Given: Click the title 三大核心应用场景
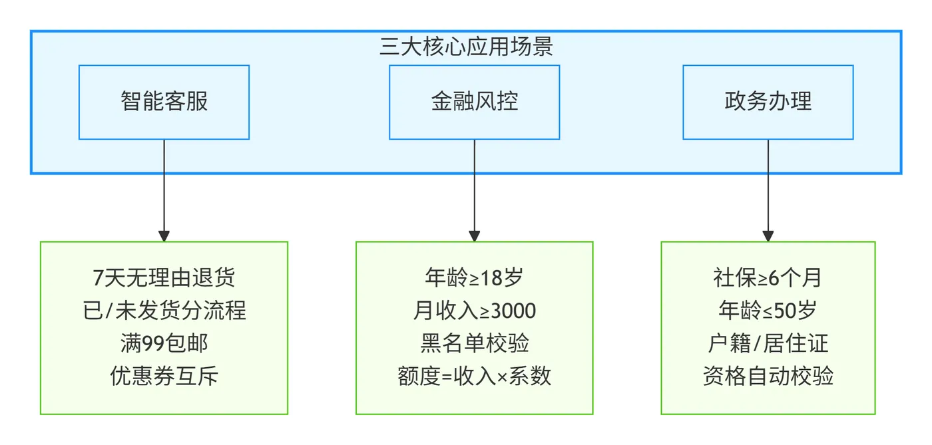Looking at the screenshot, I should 466,47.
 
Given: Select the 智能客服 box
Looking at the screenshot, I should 164,102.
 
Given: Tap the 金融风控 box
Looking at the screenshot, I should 474,102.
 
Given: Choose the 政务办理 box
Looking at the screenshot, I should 768,102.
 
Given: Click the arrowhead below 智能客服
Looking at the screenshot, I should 164,235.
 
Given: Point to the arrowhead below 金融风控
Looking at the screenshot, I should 474,235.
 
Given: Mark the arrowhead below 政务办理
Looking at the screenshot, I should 768,235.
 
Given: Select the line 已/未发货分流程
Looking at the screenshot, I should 164,311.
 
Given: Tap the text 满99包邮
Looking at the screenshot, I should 164,344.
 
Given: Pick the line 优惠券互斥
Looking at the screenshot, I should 164,376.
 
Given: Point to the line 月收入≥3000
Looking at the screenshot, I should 474,311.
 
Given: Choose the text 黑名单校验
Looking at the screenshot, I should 474,344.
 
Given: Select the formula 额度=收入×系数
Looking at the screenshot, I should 474,376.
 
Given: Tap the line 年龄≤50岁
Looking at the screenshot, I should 768,311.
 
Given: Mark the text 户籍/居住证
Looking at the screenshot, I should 768,344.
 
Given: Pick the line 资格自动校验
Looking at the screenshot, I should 768,376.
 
